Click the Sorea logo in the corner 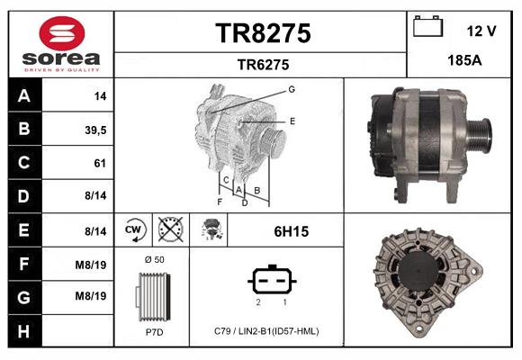(61, 45)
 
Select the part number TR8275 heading (263, 33)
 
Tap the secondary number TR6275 (263, 64)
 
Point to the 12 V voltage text (481, 31)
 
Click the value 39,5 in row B (94, 130)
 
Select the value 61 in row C (99, 163)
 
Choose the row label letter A (23, 95)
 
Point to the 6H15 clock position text (291, 231)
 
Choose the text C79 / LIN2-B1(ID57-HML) (266, 330)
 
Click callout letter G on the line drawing (292, 89)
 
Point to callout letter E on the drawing (292, 120)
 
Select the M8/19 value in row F (92, 264)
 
